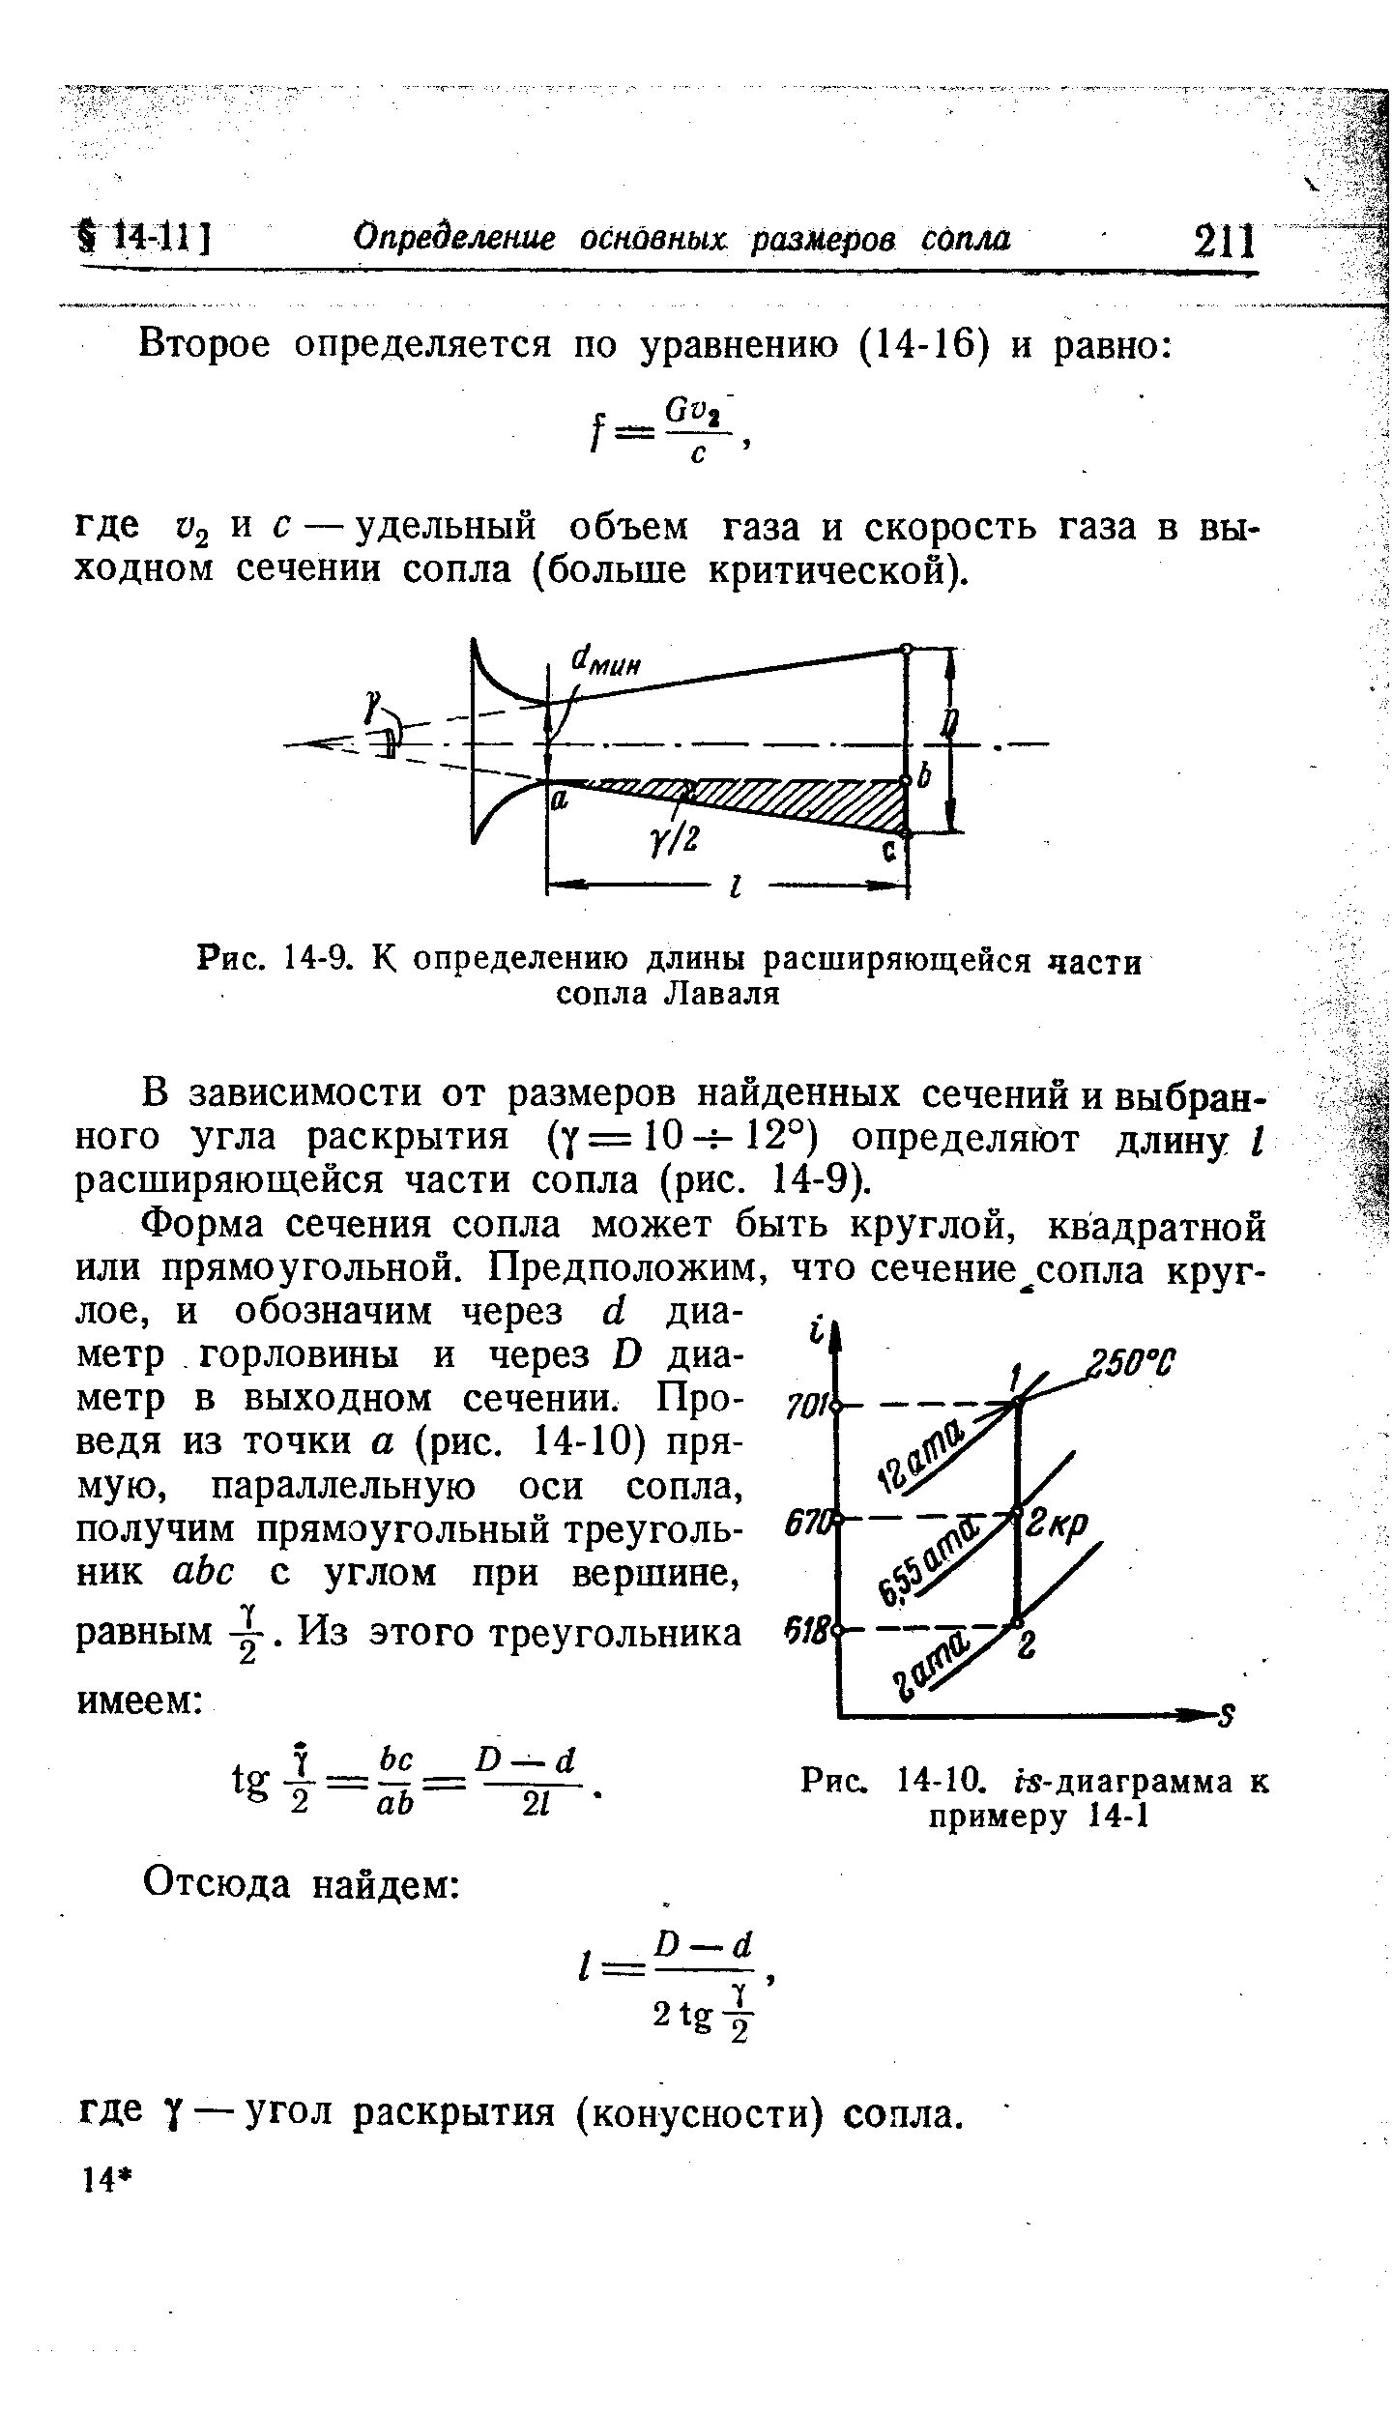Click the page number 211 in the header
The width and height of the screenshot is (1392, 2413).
click(x=1225, y=242)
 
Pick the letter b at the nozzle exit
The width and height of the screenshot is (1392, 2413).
click(x=923, y=775)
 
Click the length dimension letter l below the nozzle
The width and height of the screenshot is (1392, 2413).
click(x=737, y=886)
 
